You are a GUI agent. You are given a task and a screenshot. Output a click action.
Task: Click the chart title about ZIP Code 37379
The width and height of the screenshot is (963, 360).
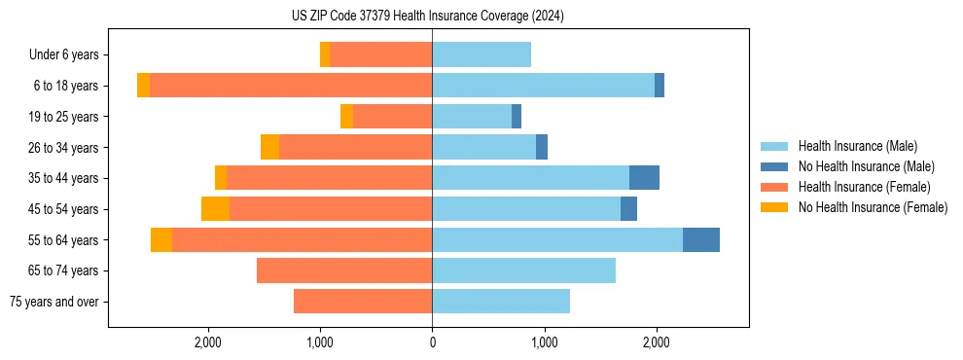[428, 17]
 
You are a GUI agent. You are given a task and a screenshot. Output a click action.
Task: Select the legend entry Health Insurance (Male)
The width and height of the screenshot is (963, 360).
[857, 146]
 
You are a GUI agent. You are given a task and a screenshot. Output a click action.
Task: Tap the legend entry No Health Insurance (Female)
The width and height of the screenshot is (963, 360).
[873, 207]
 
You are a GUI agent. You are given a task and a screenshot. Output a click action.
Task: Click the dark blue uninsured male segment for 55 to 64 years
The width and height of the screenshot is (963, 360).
[700, 239]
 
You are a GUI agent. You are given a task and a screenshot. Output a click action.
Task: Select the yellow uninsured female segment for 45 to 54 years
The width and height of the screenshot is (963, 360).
[215, 208]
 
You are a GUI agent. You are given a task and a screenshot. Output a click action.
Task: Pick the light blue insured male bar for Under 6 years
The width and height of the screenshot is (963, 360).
[481, 54]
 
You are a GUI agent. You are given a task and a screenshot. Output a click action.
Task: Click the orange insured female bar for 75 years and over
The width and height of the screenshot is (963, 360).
[362, 302]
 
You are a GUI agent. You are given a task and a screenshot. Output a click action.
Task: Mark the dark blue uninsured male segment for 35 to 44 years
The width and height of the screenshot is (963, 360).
[644, 178]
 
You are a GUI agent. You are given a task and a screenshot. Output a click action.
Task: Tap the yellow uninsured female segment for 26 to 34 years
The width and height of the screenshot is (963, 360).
[269, 147]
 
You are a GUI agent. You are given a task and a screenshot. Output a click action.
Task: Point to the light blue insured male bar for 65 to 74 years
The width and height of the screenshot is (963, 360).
[523, 270]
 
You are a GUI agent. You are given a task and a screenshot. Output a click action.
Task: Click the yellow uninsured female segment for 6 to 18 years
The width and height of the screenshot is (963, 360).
[143, 86]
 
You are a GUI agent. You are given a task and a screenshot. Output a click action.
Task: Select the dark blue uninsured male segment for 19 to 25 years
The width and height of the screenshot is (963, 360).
[517, 117]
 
